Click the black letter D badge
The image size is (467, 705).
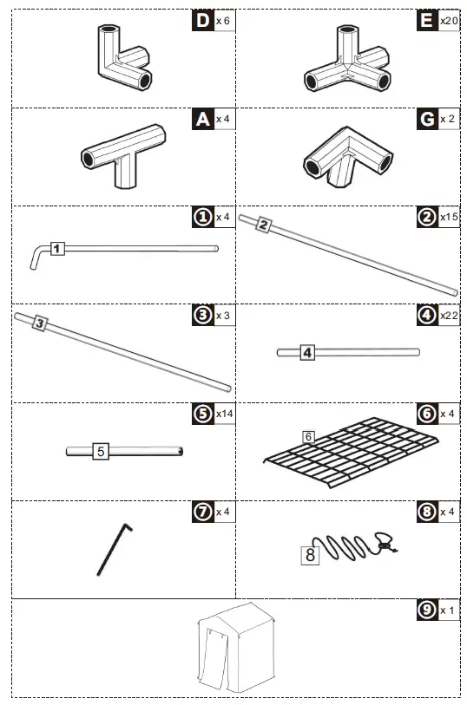click(x=202, y=20)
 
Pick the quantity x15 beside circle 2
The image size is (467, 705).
click(x=449, y=217)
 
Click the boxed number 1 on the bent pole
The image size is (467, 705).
click(x=56, y=249)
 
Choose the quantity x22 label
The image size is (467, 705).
click(x=449, y=315)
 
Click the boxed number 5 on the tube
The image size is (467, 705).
click(x=101, y=451)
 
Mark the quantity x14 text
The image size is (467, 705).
click(x=223, y=415)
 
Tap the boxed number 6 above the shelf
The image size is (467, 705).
click(x=307, y=436)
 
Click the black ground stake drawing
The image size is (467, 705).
click(x=114, y=548)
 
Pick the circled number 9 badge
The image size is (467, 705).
click(x=427, y=610)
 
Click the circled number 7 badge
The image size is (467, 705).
click(x=202, y=512)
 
